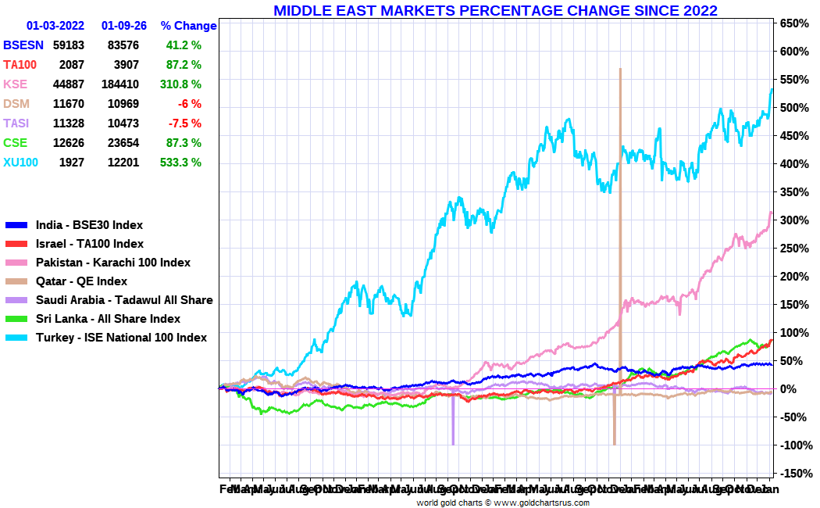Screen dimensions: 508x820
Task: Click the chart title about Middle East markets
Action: tap(495, 10)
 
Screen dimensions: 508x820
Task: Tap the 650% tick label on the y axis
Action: tap(793, 23)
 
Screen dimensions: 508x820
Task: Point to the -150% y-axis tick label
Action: tap(793, 474)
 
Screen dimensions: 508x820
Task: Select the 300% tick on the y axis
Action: tap(793, 220)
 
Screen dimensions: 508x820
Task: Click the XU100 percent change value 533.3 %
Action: tap(180, 163)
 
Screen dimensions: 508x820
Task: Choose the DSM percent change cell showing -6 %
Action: tap(189, 104)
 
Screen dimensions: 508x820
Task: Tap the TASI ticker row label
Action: tap(16, 123)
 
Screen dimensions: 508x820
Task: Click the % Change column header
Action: tap(188, 26)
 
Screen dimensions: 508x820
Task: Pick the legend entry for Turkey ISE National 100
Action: tap(121, 338)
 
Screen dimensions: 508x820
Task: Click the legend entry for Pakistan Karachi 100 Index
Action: tap(113, 263)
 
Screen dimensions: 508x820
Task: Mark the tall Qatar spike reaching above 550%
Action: tap(620, 117)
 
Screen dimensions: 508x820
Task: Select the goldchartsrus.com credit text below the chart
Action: tap(502, 503)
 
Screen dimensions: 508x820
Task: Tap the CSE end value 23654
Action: tap(123, 143)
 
